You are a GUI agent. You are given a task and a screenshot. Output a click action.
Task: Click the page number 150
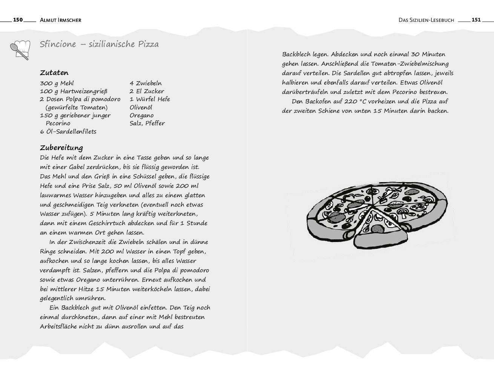point(18,20)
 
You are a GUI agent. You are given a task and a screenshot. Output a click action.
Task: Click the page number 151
point(476,20)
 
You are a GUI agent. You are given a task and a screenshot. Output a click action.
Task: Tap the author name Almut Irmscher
point(60,20)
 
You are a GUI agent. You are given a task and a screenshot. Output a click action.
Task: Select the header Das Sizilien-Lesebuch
point(426,20)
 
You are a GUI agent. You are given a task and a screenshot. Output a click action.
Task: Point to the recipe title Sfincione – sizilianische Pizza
point(99,44)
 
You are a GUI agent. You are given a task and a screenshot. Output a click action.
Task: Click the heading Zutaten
point(54,73)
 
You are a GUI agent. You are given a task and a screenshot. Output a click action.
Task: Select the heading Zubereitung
point(61,147)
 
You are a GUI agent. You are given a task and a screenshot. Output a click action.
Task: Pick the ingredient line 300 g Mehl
point(57,83)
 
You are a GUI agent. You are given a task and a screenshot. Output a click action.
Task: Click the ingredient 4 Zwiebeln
point(146,83)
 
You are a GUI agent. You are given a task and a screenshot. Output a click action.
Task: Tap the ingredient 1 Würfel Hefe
point(150,99)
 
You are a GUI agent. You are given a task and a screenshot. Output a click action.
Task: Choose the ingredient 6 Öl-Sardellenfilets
point(68,132)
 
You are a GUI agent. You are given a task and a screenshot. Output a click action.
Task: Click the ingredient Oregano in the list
point(141,115)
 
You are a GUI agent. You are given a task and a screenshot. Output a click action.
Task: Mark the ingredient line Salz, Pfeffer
point(147,123)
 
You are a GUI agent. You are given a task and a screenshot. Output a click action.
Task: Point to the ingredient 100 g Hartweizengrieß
point(74,91)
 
